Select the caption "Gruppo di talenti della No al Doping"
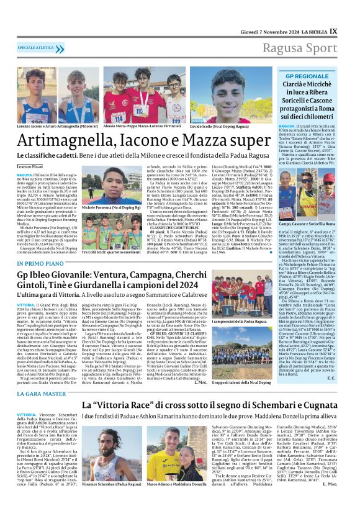pos(238,382)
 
